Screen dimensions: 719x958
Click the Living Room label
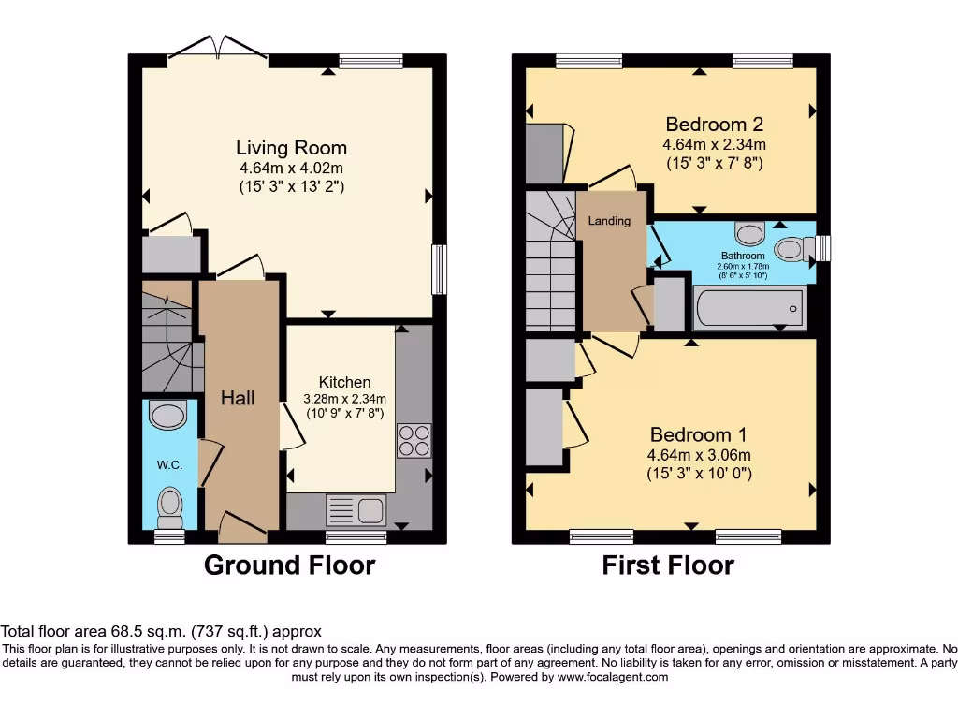291,148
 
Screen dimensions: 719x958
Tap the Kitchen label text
344,382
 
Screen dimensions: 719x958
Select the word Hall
238,398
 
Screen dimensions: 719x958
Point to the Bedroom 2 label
714,125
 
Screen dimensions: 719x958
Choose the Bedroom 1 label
699,435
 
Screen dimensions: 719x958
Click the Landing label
609,221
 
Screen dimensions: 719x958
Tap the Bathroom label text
743,256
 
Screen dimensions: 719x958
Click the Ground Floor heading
289,565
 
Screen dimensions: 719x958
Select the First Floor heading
668,565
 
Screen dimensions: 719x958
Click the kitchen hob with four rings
414,442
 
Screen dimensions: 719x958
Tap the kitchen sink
356,511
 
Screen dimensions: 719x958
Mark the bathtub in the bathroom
748,308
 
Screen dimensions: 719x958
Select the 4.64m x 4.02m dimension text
291,169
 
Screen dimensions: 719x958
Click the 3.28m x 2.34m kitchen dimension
344,399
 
